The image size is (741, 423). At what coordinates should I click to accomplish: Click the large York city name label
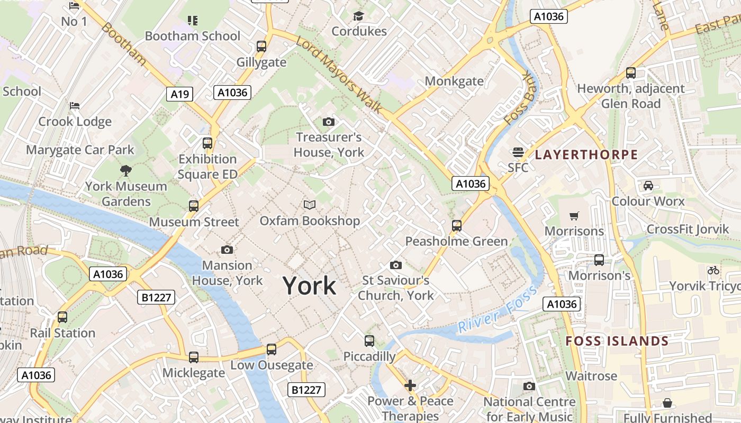tap(310, 286)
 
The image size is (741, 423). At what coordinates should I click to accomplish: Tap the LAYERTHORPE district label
tap(586, 155)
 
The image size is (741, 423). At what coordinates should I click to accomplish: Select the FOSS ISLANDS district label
tap(617, 341)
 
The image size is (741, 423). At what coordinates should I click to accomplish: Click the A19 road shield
tap(180, 94)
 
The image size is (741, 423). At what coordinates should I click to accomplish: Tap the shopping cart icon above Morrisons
tap(574, 216)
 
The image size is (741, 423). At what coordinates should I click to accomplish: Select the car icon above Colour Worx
tap(648, 186)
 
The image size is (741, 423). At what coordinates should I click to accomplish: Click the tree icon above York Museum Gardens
tap(126, 170)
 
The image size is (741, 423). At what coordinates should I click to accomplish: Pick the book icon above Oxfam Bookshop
tap(310, 205)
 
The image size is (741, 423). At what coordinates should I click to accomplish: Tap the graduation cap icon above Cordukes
tap(359, 16)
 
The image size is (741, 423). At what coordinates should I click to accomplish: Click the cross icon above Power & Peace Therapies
tap(410, 385)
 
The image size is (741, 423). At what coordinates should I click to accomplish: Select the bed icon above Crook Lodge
tap(75, 105)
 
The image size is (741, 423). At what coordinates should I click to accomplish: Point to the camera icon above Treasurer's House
tap(328, 122)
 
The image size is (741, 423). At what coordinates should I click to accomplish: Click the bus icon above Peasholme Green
tap(456, 226)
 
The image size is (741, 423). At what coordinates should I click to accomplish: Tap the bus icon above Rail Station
tap(62, 317)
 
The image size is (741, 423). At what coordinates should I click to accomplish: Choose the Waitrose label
tap(591, 376)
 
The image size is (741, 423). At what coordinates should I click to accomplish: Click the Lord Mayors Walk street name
tap(339, 75)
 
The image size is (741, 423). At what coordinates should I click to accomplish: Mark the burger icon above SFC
tap(518, 153)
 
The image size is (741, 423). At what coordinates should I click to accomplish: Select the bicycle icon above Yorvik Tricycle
tap(713, 270)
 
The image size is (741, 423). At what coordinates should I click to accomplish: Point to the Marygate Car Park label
tap(80, 150)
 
